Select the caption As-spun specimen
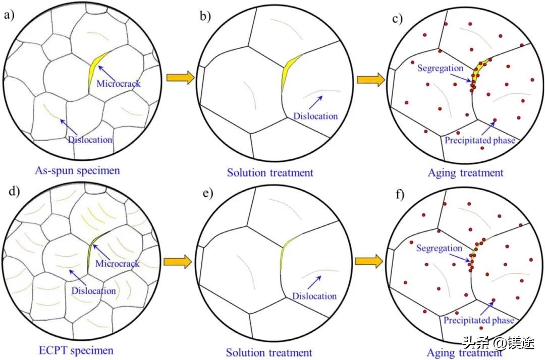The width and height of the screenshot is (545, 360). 78,170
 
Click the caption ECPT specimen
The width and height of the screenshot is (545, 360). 76,349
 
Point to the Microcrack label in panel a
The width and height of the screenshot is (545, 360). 118,84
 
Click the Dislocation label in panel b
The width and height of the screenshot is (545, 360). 315,116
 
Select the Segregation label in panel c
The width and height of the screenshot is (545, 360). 440,68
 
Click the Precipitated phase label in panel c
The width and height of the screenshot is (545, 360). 479,140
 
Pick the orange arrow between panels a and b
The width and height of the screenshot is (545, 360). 180,79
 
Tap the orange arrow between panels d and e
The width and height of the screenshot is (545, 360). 180,261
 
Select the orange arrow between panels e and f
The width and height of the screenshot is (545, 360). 369,261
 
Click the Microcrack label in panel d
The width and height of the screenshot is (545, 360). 118,263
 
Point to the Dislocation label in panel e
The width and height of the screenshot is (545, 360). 314,296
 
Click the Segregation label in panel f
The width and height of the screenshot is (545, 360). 439,248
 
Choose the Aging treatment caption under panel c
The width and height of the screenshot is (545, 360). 466,172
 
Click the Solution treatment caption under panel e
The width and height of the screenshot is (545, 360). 269,352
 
